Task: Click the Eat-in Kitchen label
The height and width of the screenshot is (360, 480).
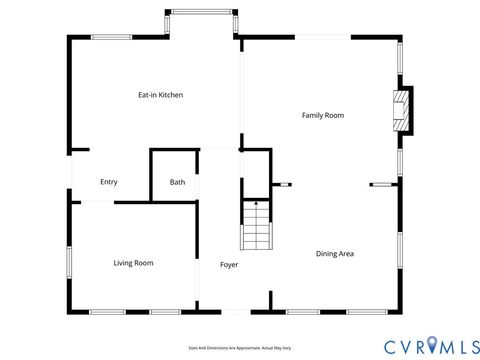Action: (160, 95)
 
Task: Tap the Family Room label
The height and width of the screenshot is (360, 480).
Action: (323, 116)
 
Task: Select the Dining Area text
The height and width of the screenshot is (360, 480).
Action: (335, 254)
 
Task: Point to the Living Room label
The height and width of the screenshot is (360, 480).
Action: (133, 263)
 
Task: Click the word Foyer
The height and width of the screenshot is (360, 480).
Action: (229, 264)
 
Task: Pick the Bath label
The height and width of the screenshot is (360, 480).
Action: (177, 182)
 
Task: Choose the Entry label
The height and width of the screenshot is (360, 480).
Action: (109, 182)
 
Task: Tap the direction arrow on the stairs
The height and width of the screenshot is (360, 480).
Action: (256, 206)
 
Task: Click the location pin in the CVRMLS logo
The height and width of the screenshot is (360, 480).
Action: (431, 345)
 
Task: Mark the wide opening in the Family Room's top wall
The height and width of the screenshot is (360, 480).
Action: (322, 38)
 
